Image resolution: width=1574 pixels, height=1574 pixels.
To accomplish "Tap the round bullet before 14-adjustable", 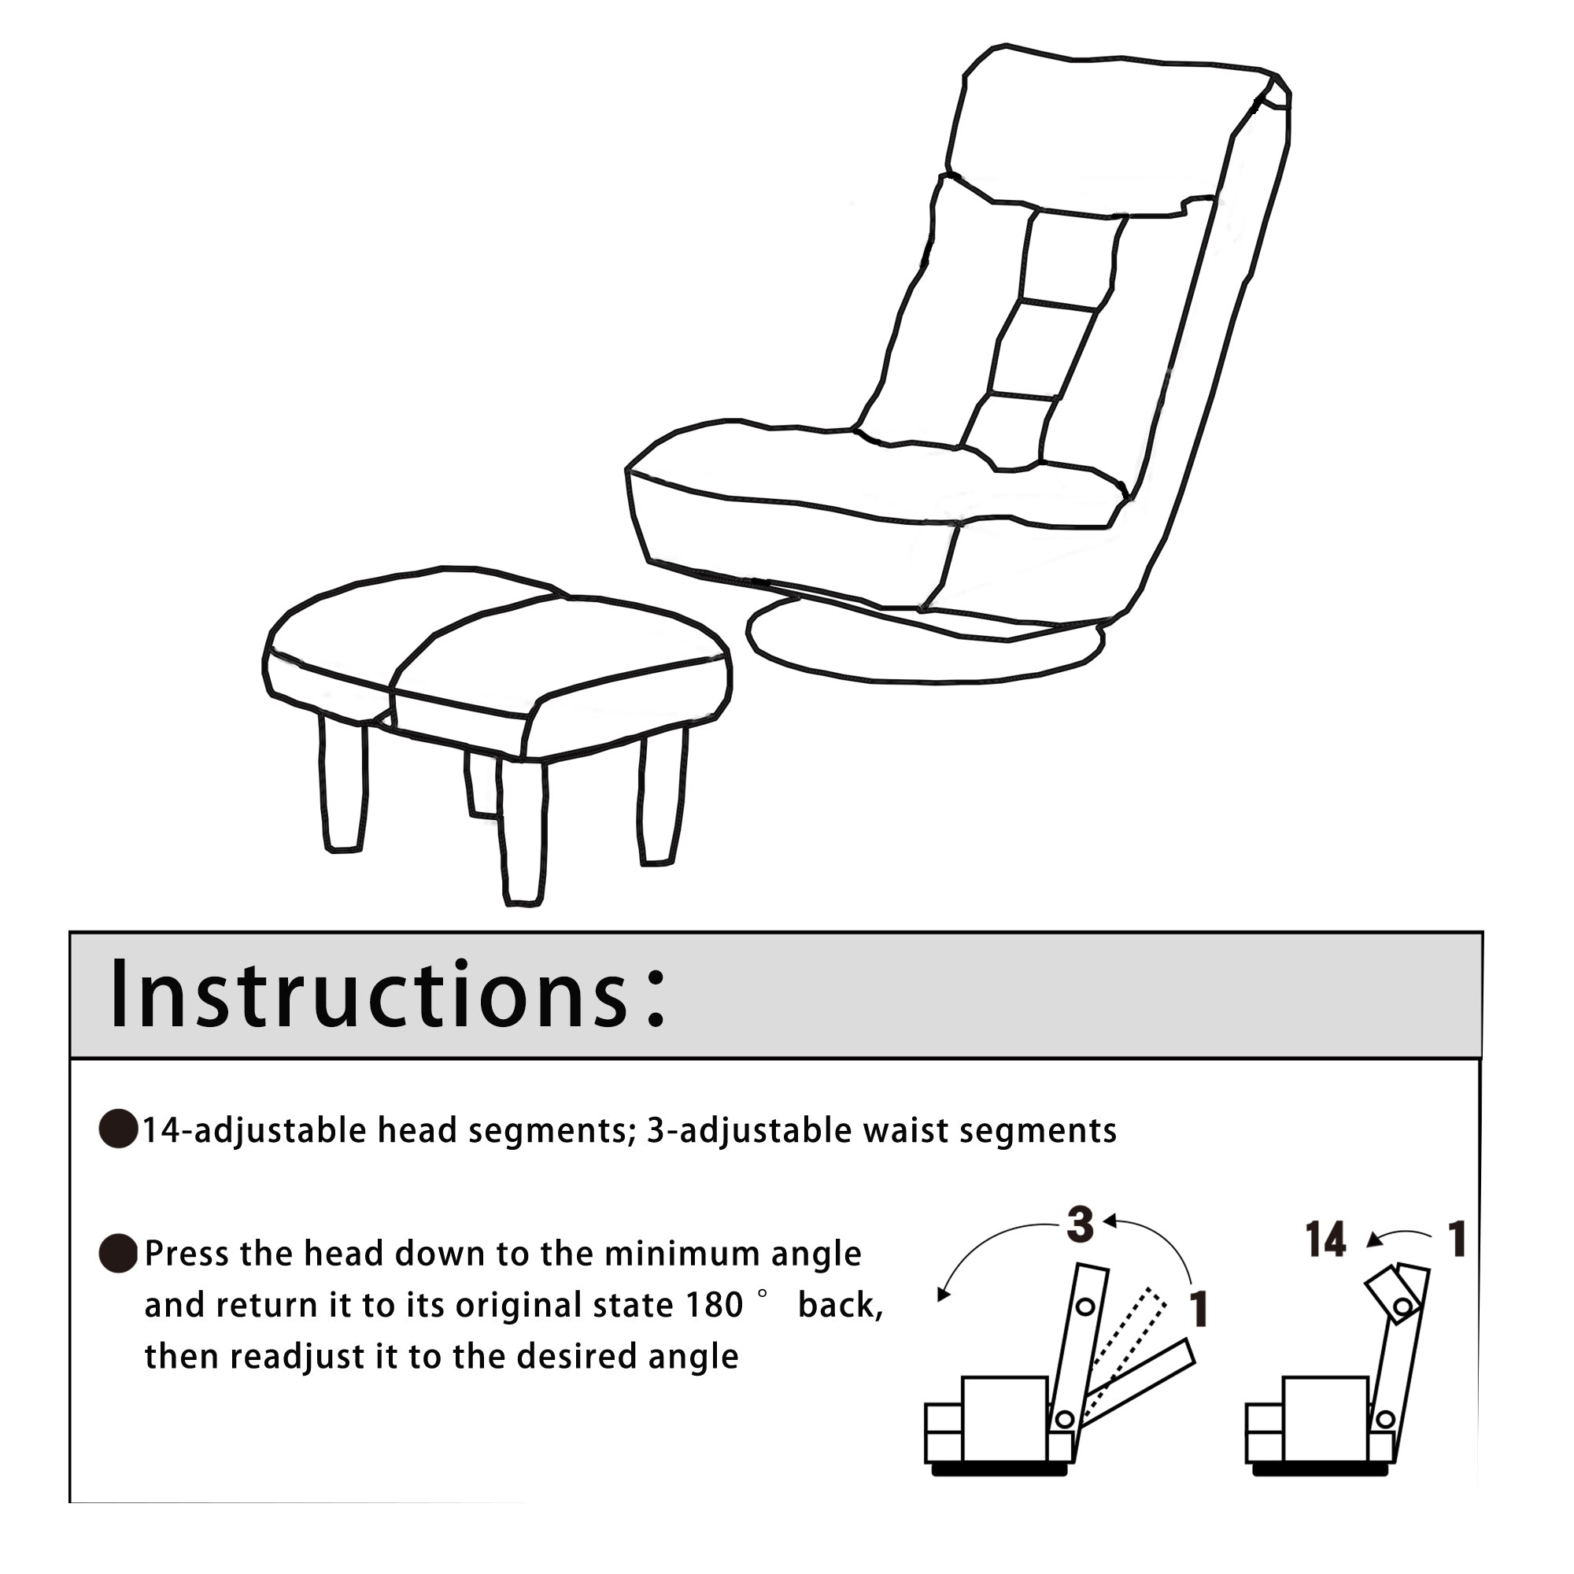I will tap(117, 1129).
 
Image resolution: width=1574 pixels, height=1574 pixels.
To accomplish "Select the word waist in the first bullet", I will tap(901, 1131).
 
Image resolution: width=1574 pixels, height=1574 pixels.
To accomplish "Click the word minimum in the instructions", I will tap(680, 1254).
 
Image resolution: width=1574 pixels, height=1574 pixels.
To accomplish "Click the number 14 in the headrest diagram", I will tap(1325, 1241).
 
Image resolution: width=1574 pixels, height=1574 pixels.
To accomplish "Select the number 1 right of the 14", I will tap(1457, 1240).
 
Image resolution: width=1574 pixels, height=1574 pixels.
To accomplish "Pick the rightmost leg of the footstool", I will tap(663, 798).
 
